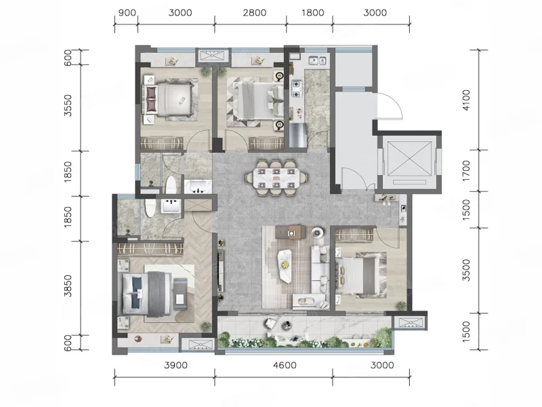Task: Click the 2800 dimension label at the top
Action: coord(255,13)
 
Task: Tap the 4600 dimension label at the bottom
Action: coord(285,365)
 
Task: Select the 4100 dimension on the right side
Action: coord(466,100)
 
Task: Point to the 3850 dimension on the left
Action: coord(68,286)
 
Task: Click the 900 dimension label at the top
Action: coord(127,13)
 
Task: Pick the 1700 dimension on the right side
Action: coord(466,171)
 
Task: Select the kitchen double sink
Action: coord(317,60)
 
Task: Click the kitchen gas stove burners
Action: coord(297,89)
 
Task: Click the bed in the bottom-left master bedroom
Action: coord(147,294)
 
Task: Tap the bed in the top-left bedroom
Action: coord(170,100)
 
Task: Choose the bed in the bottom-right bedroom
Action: coord(358,276)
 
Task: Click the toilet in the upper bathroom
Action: coord(171,185)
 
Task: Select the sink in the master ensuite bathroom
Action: coord(171,206)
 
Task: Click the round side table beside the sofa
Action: coord(317,232)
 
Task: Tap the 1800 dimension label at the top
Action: coord(312,13)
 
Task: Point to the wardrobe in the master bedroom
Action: coord(150,249)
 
